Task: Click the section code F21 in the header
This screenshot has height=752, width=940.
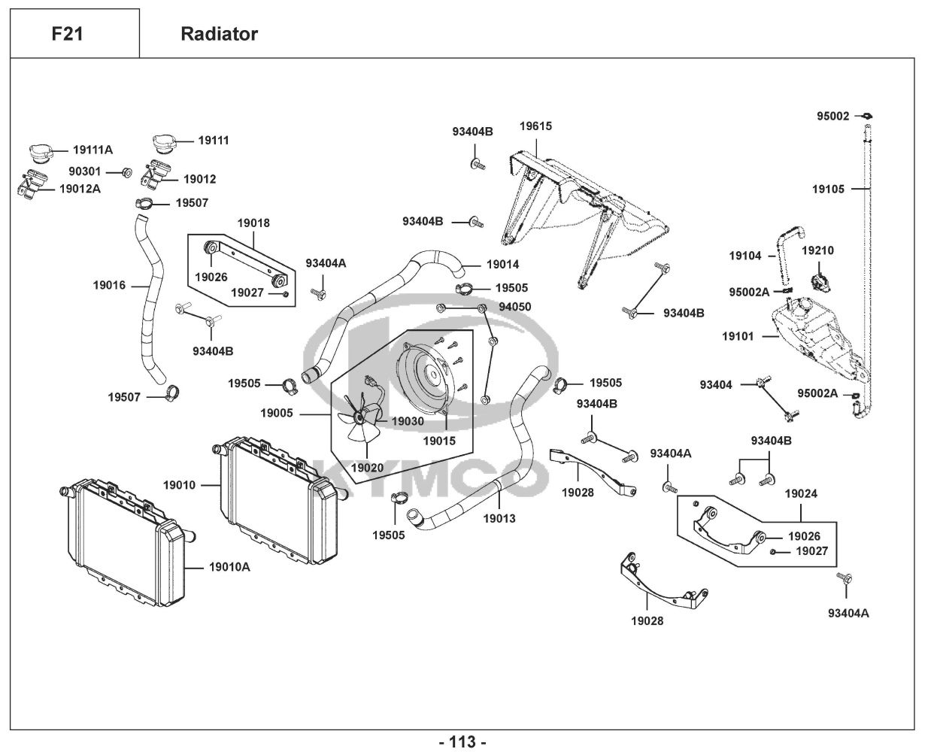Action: click(67, 34)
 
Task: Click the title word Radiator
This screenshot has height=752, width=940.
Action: click(219, 34)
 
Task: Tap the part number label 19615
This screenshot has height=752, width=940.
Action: click(535, 126)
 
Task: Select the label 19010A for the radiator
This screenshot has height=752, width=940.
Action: click(229, 566)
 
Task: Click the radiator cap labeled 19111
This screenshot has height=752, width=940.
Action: click(164, 143)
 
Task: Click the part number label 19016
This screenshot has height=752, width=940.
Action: click(109, 285)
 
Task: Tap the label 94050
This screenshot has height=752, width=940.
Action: click(515, 307)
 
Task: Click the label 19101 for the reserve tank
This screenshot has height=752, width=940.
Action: click(738, 336)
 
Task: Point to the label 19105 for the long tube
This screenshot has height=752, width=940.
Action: click(828, 189)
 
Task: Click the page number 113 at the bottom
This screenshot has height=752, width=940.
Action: click(462, 741)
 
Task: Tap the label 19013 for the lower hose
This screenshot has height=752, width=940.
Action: click(499, 518)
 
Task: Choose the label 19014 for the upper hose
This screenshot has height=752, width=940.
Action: click(503, 265)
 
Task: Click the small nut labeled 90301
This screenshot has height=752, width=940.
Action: click(126, 172)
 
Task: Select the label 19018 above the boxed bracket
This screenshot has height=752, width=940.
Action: click(253, 223)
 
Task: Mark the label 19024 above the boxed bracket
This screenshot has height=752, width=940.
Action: click(801, 494)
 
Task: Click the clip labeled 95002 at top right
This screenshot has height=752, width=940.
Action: click(866, 116)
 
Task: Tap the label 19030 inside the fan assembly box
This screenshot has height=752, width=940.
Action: click(408, 421)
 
